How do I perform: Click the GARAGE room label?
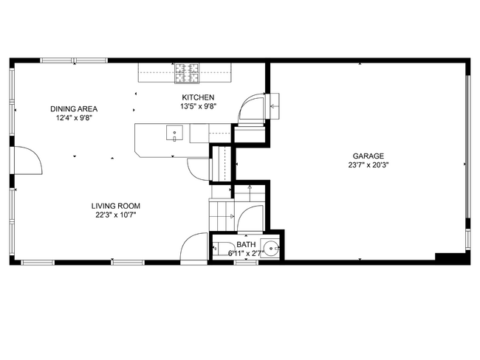tap(367, 156)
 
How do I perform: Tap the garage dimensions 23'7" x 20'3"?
tap(367, 165)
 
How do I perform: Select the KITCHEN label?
tap(198, 97)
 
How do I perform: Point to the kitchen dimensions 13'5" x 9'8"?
tap(198, 106)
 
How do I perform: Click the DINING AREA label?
tap(74, 108)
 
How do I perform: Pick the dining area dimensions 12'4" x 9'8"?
tap(74, 117)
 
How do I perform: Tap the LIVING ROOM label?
tap(116, 206)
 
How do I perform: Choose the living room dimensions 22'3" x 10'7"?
tap(116, 215)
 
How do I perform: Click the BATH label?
tap(246, 244)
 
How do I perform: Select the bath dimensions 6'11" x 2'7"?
tap(246, 253)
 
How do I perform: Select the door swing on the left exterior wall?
tap(28, 159)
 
